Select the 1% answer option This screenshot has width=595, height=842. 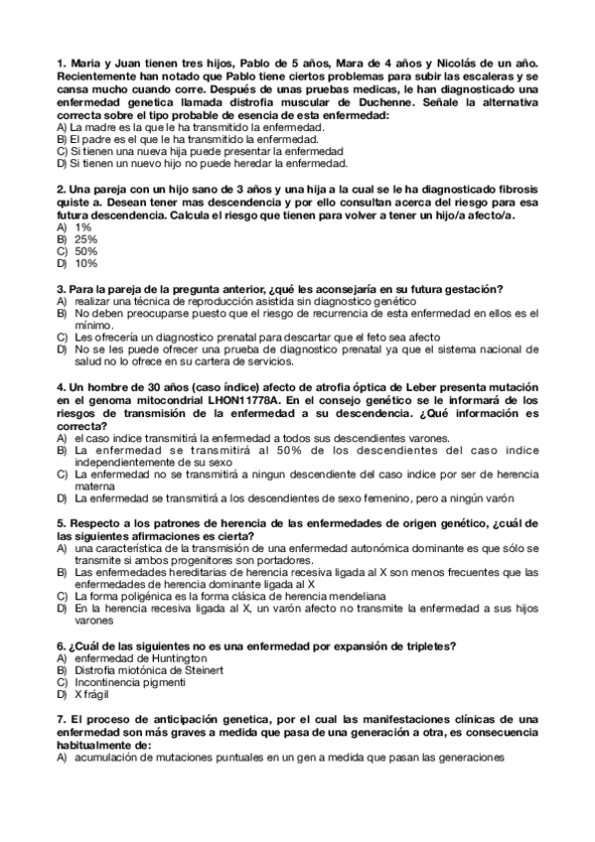click(82, 226)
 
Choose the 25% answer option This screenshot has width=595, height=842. click(85, 239)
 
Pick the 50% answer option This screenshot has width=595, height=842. click(85, 251)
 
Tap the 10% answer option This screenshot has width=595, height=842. click(85, 263)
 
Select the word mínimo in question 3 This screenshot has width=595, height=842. click(93, 324)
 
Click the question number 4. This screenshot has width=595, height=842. click(61, 384)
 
